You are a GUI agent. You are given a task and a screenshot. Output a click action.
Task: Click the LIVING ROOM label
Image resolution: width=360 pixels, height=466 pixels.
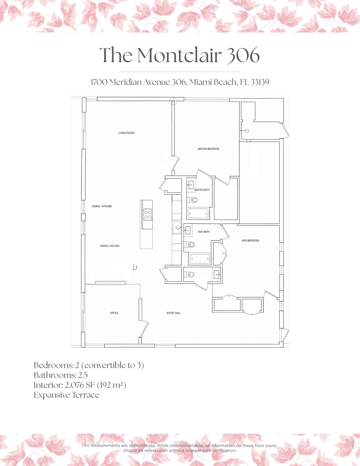[x=126, y=133]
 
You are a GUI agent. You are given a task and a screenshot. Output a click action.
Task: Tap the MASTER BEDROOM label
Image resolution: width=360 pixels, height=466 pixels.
[x=208, y=149]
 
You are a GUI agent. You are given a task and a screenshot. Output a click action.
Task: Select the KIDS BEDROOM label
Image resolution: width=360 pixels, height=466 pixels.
[x=250, y=241]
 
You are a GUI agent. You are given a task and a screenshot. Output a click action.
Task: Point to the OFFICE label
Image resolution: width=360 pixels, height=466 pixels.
[x=114, y=313]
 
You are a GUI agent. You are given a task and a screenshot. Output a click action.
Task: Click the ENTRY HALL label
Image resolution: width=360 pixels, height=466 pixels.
[x=174, y=313]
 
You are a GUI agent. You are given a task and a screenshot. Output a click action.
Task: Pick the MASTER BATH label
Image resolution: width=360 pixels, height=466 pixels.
[x=202, y=190]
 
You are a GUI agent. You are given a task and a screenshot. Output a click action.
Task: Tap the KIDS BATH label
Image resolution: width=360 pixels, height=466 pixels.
[x=204, y=232]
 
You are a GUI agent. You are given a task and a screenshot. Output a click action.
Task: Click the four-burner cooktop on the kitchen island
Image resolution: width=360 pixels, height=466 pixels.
[x=148, y=215]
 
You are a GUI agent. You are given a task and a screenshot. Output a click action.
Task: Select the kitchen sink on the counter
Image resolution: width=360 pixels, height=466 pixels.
[x=177, y=227]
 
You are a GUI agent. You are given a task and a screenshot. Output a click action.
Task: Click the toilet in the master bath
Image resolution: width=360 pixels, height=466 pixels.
[x=193, y=200]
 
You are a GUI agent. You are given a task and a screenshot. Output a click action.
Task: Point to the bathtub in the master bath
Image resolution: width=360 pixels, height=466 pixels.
[x=198, y=214]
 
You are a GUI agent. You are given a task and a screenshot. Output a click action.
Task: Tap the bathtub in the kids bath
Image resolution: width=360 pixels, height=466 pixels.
[x=200, y=259]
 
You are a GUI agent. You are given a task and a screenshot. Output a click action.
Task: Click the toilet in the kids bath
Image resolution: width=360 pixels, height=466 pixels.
[x=191, y=245]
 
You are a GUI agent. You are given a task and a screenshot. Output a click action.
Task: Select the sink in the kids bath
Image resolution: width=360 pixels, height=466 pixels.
[x=188, y=230]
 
